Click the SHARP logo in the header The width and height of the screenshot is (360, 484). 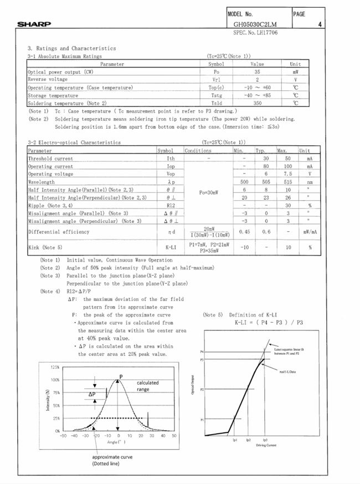[34, 24]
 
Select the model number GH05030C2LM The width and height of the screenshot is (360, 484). [255, 24]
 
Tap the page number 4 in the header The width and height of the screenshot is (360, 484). [320, 24]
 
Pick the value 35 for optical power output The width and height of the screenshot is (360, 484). [257, 72]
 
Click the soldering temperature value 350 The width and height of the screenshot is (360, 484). [257, 103]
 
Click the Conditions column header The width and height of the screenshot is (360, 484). [198, 151]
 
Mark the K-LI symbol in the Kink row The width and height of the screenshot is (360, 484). [171, 247]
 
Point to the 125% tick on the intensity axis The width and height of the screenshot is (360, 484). [54, 367]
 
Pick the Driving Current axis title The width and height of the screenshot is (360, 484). [266, 445]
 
